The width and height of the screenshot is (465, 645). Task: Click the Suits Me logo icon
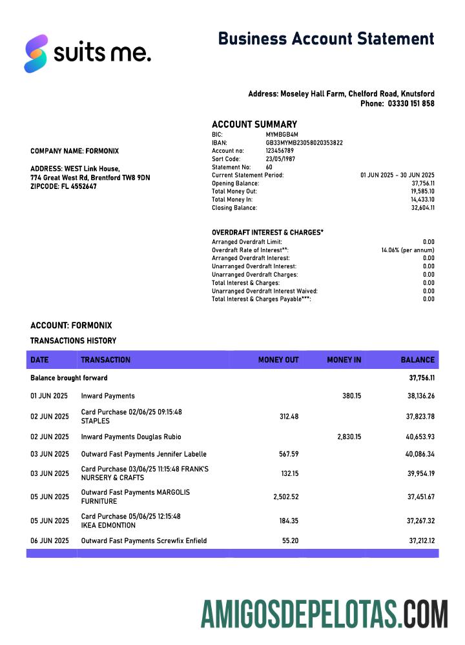coord(36,54)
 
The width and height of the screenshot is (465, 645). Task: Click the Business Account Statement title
coord(326,39)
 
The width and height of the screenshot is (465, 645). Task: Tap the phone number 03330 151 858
coord(411,104)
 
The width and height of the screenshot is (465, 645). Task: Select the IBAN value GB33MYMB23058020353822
coord(304,143)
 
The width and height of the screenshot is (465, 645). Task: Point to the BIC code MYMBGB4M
coord(282,135)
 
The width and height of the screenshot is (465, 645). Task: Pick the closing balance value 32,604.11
coord(423,208)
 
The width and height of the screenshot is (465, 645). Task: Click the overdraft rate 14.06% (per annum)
coord(408,250)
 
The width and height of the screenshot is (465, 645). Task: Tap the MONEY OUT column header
coord(278,360)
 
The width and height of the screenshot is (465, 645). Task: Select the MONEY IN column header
coord(344,360)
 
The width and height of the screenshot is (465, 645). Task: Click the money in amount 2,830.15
coord(349,437)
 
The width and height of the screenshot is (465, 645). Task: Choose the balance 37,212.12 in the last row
coord(421,541)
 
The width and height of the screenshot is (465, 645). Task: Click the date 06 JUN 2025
coord(50,541)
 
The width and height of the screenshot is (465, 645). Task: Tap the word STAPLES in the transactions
coord(95,421)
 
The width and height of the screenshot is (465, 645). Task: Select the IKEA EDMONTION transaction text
coord(109,525)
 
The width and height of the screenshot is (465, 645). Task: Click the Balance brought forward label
coord(69,378)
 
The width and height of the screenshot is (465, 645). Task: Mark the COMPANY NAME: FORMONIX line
coord(74,151)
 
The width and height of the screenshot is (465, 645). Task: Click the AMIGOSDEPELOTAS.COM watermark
coord(324,613)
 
